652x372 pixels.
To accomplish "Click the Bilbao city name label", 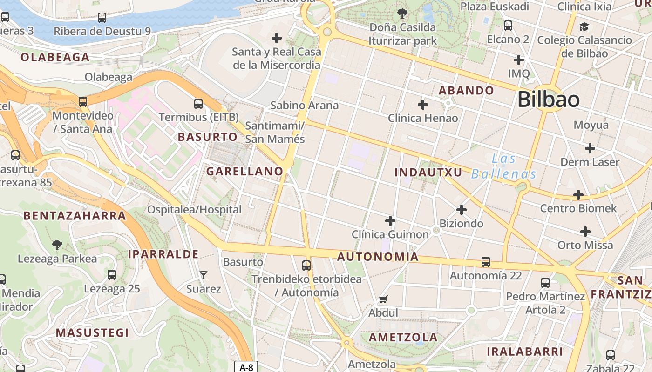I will [x=549, y=100].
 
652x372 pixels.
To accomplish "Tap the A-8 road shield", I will [x=246, y=367].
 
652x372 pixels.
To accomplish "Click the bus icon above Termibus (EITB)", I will [x=198, y=104].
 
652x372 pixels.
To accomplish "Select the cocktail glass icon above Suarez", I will [x=203, y=275].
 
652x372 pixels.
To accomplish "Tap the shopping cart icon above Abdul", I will [x=383, y=299].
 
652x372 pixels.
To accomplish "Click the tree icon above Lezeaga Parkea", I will [x=57, y=245].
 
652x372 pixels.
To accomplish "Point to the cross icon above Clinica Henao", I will [x=423, y=105].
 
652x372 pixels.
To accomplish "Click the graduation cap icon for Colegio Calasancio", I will [x=584, y=27].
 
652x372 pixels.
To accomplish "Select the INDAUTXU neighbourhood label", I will [x=428, y=173].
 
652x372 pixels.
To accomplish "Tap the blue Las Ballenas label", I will [x=504, y=166].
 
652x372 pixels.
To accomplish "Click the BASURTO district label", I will [x=208, y=137].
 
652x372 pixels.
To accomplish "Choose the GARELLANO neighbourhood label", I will [x=245, y=171].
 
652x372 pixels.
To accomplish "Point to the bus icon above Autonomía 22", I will [x=486, y=262].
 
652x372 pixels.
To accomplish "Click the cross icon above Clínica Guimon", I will [x=390, y=221].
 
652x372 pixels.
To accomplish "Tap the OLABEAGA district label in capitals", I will [x=55, y=57].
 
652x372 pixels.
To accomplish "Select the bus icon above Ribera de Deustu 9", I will [x=102, y=18].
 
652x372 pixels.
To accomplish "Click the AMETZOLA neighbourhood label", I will [x=403, y=337].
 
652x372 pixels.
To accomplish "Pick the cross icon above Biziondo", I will [x=462, y=210].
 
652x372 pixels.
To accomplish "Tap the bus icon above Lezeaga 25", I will [x=112, y=275].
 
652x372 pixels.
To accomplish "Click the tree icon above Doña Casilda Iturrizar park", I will [x=402, y=13].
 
